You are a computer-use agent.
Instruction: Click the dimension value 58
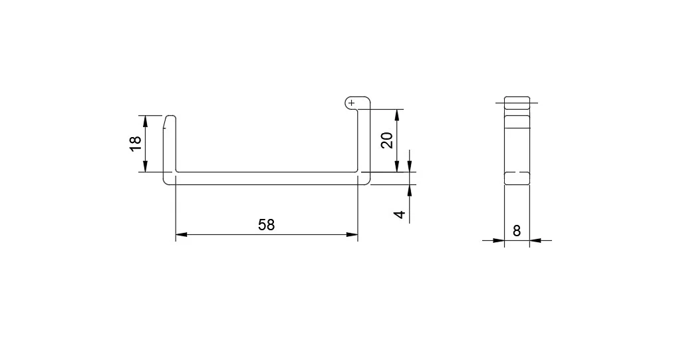(266, 225)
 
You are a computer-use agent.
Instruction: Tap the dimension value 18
(136, 143)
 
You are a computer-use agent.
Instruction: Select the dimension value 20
(386, 140)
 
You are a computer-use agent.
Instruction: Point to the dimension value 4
(400, 214)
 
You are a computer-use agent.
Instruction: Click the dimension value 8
(517, 230)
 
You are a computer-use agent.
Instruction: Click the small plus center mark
(351, 103)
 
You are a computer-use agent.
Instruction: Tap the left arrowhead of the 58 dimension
(182, 235)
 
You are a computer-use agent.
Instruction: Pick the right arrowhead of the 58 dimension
(352, 235)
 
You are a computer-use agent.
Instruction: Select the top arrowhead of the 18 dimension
(146, 121)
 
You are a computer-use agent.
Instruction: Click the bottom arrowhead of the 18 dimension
(146, 166)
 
